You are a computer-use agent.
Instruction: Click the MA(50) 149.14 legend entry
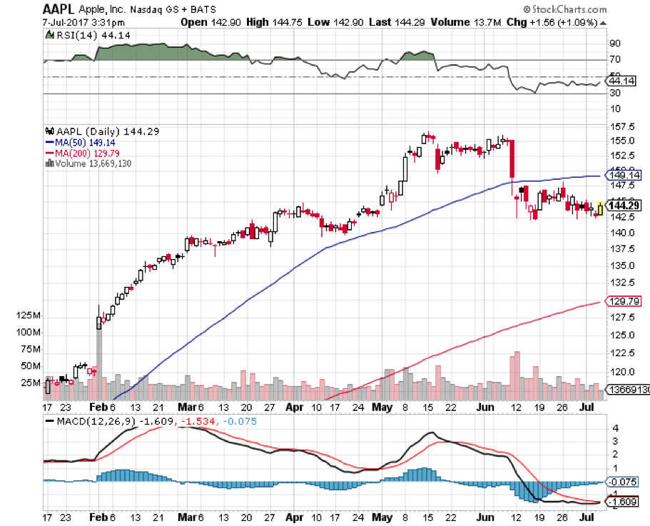(79, 142)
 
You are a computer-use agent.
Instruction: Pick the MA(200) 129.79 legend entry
(81, 153)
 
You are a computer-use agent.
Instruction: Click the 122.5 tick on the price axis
(617, 353)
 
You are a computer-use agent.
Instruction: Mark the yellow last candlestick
(600, 208)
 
